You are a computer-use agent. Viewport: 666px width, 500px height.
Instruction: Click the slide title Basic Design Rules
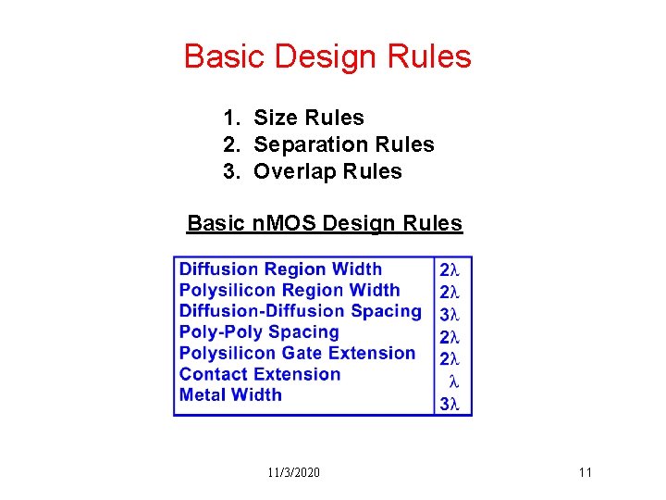tap(327, 56)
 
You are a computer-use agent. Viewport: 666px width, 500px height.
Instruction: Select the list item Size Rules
tap(309, 118)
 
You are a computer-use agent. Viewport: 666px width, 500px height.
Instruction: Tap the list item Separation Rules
tap(343, 144)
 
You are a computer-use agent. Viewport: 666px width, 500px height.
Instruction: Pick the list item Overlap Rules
tap(327, 171)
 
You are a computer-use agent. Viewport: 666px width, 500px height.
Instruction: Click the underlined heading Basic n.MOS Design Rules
tap(325, 223)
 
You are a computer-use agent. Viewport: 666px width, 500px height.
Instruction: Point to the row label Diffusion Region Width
tap(280, 269)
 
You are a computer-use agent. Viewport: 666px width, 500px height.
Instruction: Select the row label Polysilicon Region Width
tap(290, 291)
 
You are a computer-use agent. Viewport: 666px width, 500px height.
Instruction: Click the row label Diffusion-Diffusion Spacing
tap(300, 311)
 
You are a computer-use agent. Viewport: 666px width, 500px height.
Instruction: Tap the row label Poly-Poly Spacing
tap(259, 332)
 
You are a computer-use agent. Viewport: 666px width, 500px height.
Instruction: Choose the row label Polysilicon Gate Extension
tap(297, 353)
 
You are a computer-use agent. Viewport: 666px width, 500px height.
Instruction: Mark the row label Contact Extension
tap(260, 374)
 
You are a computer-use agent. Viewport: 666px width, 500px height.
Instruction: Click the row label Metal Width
tap(230, 394)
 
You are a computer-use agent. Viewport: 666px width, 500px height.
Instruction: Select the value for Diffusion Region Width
tap(450, 270)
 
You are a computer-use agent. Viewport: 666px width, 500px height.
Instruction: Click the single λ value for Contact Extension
tap(453, 381)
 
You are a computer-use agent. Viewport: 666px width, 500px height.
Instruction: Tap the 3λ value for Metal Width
tap(450, 404)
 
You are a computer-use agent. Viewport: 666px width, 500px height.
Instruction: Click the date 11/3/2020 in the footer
tap(294, 473)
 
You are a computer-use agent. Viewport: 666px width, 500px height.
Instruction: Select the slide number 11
tap(585, 473)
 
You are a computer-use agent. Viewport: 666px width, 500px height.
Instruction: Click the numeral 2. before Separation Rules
tap(231, 144)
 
